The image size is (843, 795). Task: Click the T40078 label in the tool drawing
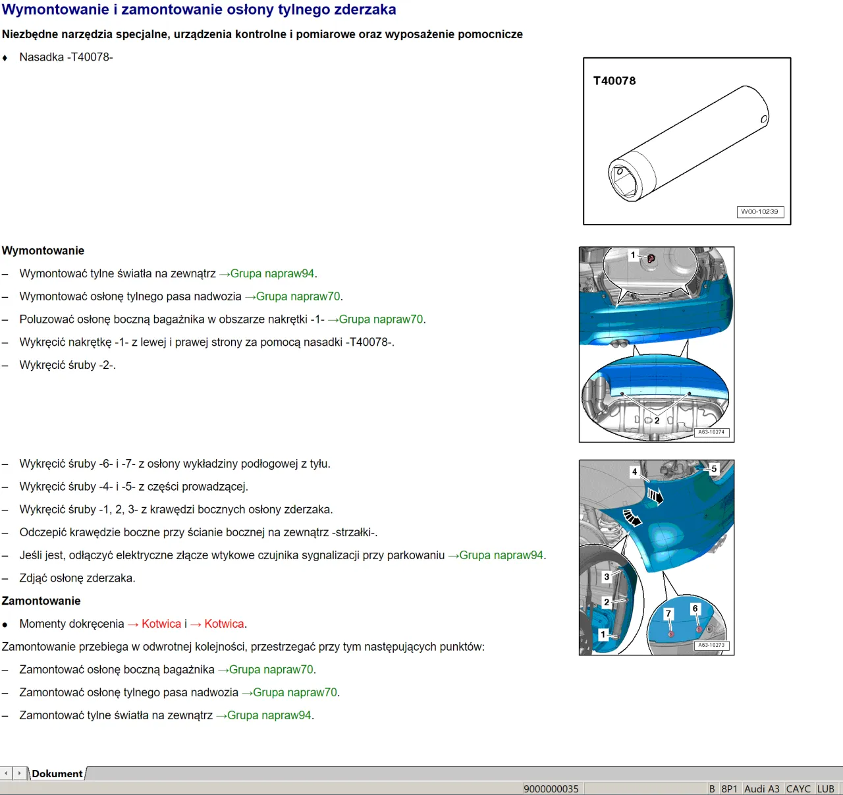pyautogui.click(x=614, y=81)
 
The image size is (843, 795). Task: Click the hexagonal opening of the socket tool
pyautogui.click(x=623, y=182)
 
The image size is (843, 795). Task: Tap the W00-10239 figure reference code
pyautogui.click(x=759, y=212)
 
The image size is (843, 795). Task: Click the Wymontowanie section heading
pyautogui.click(x=43, y=251)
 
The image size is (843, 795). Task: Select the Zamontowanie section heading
pyautogui.click(x=41, y=601)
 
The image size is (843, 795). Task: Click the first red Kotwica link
pyautogui.click(x=161, y=624)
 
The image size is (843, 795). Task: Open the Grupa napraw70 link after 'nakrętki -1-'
pyautogui.click(x=381, y=319)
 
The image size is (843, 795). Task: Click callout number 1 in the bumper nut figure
pyautogui.click(x=633, y=256)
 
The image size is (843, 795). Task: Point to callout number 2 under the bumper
pyautogui.click(x=657, y=420)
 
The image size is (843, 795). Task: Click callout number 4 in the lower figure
pyautogui.click(x=634, y=472)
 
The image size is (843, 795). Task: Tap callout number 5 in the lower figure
pyautogui.click(x=714, y=469)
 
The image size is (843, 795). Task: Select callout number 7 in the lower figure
pyautogui.click(x=668, y=614)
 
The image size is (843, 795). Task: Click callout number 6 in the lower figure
pyautogui.click(x=695, y=609)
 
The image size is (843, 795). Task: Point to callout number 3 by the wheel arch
pyautogui.click(x=607, y=577)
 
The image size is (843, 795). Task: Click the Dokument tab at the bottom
pyautogui.click(x=57, y=774)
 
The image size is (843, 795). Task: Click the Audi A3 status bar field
pyautogui.click(x=761, y=789)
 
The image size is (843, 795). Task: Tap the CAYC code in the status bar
pyautogui.click(x=798, y=789)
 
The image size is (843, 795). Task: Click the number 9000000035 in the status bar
pyautogui.click(x=551, y=789)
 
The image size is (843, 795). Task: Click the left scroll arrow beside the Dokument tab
pyautogui.click(x=7, y=773)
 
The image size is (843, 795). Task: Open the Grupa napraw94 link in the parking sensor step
pyautogui.click(x=501, y=555)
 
